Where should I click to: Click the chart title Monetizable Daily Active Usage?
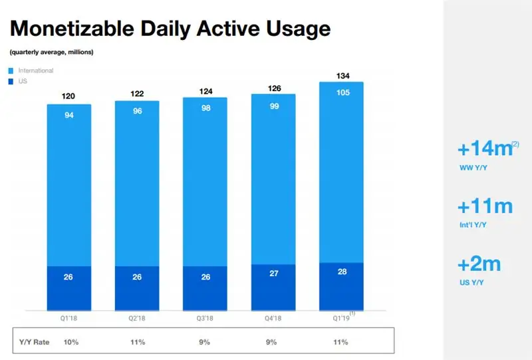point(170,29)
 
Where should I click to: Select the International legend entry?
point(33,70)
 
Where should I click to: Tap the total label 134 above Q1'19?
point(342,75)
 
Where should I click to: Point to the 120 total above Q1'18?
point(68,96)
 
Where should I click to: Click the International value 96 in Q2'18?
point(137,112)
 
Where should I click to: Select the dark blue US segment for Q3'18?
point(205,287)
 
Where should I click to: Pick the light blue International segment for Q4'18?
point(273,180)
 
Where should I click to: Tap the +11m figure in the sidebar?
point(485,206)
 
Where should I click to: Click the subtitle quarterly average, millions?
point(51,52)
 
